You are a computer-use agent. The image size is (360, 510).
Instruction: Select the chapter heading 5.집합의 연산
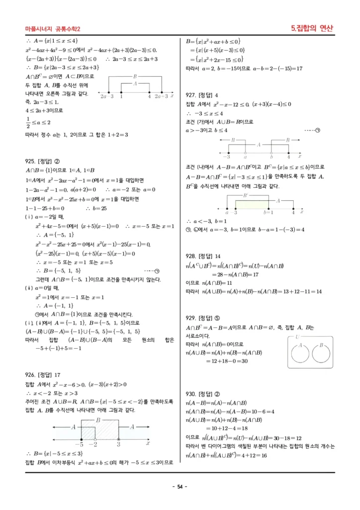[x=312, y=28]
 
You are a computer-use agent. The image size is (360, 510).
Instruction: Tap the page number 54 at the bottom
[x=180, y=487]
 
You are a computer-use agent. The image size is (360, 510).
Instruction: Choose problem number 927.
[x=192, y=95]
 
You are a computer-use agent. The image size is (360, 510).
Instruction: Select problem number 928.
[x=192, y=256]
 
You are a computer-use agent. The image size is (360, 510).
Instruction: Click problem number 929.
[x=192, y=317]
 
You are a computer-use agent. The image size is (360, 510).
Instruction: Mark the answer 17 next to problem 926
[x=58, y=375]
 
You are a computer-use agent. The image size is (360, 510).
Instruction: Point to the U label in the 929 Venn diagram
[x=297, y=337]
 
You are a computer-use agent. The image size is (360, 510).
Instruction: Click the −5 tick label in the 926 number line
[x=79, y=443]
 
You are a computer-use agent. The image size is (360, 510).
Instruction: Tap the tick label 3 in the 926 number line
[x=119, y=443]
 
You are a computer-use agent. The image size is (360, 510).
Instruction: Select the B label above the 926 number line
[x=98, y=420]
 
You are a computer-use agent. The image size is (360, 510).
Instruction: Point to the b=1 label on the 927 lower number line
[x=268, y=212]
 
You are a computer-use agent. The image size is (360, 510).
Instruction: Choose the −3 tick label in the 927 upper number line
[x=227, y=156]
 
